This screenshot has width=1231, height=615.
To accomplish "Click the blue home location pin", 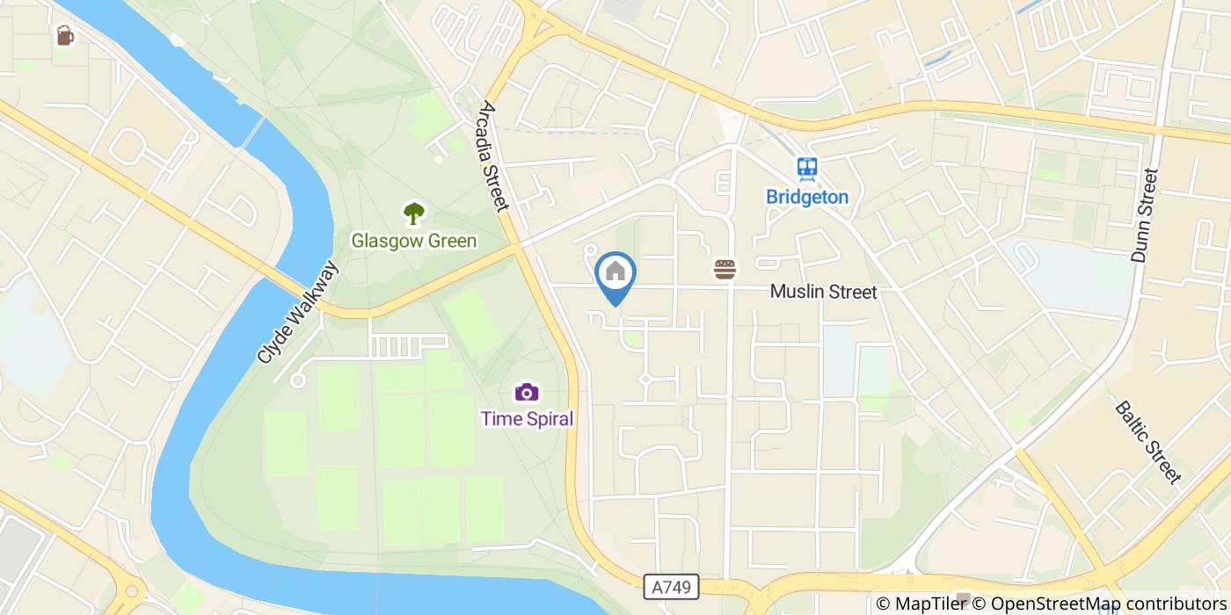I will [x=615, y=273].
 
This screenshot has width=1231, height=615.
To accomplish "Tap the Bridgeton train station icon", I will [x=807, y=168].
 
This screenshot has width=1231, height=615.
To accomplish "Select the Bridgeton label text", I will [x=807, y=197].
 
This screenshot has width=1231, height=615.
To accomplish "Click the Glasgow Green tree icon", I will [x=413, y=213].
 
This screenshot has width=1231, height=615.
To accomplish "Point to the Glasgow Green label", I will [x=413, y=241].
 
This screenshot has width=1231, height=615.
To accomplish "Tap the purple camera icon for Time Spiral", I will [x=527, y=392].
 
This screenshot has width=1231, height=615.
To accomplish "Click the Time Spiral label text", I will [x=527, y=418].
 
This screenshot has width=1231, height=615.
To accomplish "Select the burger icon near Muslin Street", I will [x=725, y=269].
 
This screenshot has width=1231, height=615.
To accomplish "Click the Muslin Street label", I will [x=823, y=292].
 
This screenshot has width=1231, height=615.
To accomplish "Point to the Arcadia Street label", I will [x=493, y=156].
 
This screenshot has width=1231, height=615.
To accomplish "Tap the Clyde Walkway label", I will [x=298, y=313].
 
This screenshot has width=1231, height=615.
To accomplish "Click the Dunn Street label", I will [x=1146, y=215].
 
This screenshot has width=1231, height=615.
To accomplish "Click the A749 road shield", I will [x=671, y=586].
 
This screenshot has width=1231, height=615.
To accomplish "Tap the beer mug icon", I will [x=65, y=35].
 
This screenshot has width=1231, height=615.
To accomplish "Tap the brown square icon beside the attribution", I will [x=964, y=601].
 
